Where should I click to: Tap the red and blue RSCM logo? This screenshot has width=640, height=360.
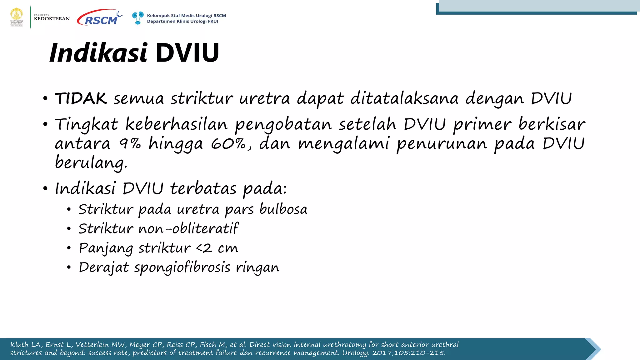(99, 18)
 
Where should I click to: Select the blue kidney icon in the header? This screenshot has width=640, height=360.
(137, 18)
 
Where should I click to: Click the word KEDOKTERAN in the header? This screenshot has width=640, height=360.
(52, 19)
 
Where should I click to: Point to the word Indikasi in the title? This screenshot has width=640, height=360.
(98, 53)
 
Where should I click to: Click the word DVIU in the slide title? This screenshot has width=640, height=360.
(187, 53)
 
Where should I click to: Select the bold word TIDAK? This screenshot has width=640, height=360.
(81, 99)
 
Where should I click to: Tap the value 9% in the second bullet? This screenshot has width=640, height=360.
(130, 144)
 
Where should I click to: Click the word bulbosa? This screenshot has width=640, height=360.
(283, 209)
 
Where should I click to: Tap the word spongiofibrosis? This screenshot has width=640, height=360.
(182, 268)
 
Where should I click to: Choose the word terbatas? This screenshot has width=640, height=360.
(203, 189)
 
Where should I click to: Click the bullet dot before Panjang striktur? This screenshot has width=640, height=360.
(69, 248)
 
